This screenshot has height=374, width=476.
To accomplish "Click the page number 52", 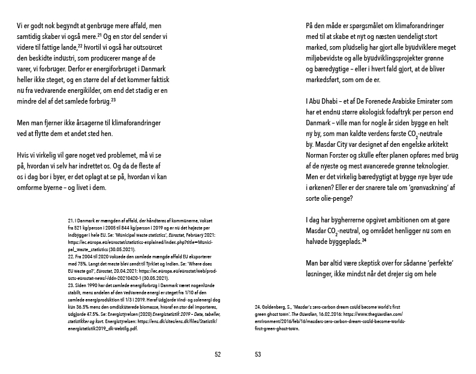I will coord(218,354).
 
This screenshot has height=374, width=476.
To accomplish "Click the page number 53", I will coord(258,354).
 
